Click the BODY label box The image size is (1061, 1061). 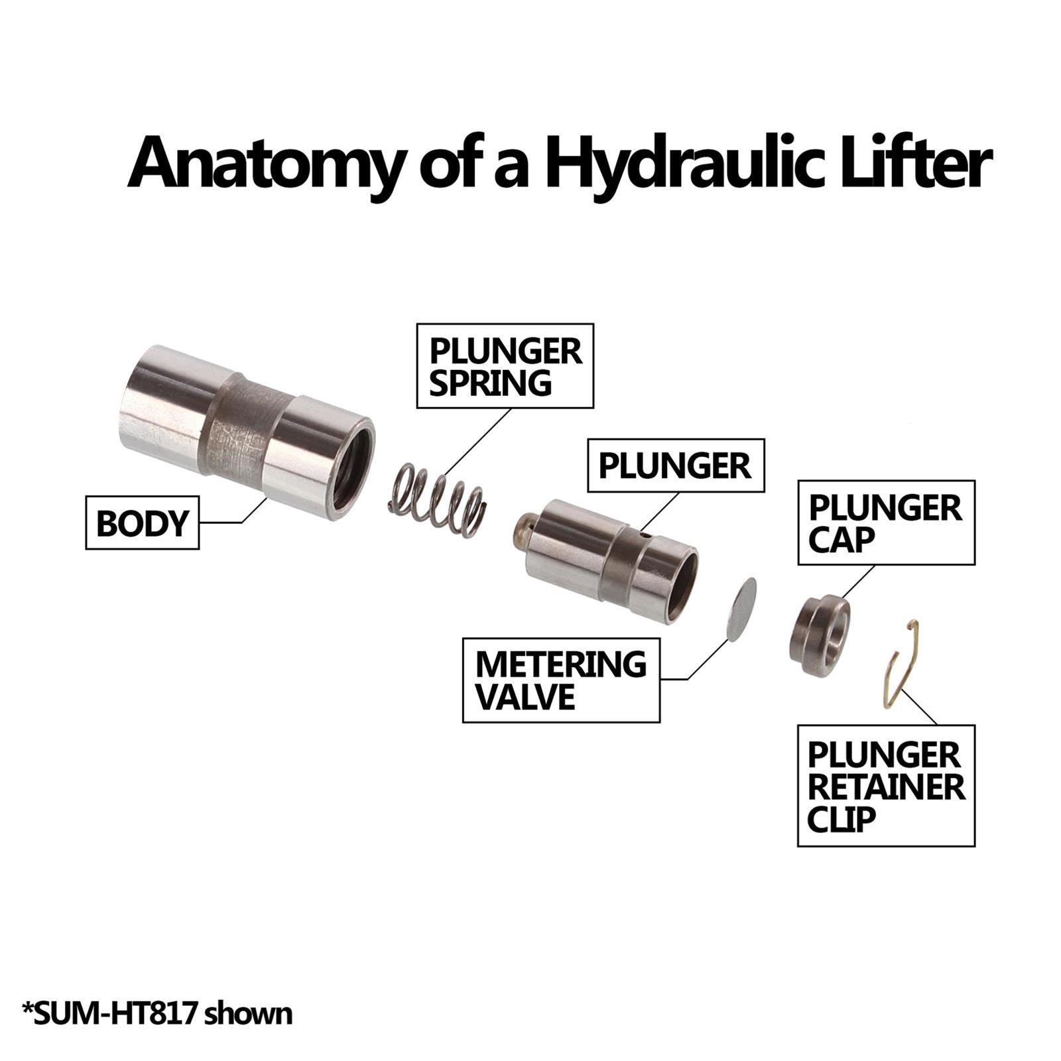click(x=143, y=523)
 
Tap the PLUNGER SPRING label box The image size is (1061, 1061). click(x=505, y=366)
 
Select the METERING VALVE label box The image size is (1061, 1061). click(x=561, y=680)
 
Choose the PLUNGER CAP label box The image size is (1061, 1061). click(x=886, y=523)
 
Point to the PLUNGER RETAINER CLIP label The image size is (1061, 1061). click(x=886, y=786)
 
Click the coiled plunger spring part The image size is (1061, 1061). click(x=437, y=498)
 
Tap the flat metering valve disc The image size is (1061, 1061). click(x=741, y=609)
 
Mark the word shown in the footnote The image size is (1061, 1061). click(x=248, y=1014)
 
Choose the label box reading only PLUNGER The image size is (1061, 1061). click(x=676, y=466)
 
